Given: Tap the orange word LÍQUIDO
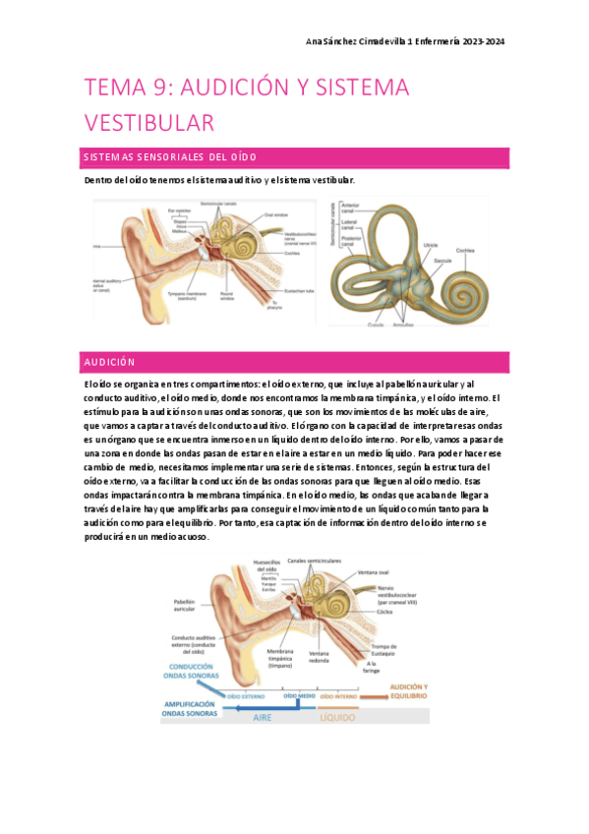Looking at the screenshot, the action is pyautogui.click(x=336, y=718).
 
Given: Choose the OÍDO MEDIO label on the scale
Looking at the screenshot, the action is pyautogui.click(x=300, y=695).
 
